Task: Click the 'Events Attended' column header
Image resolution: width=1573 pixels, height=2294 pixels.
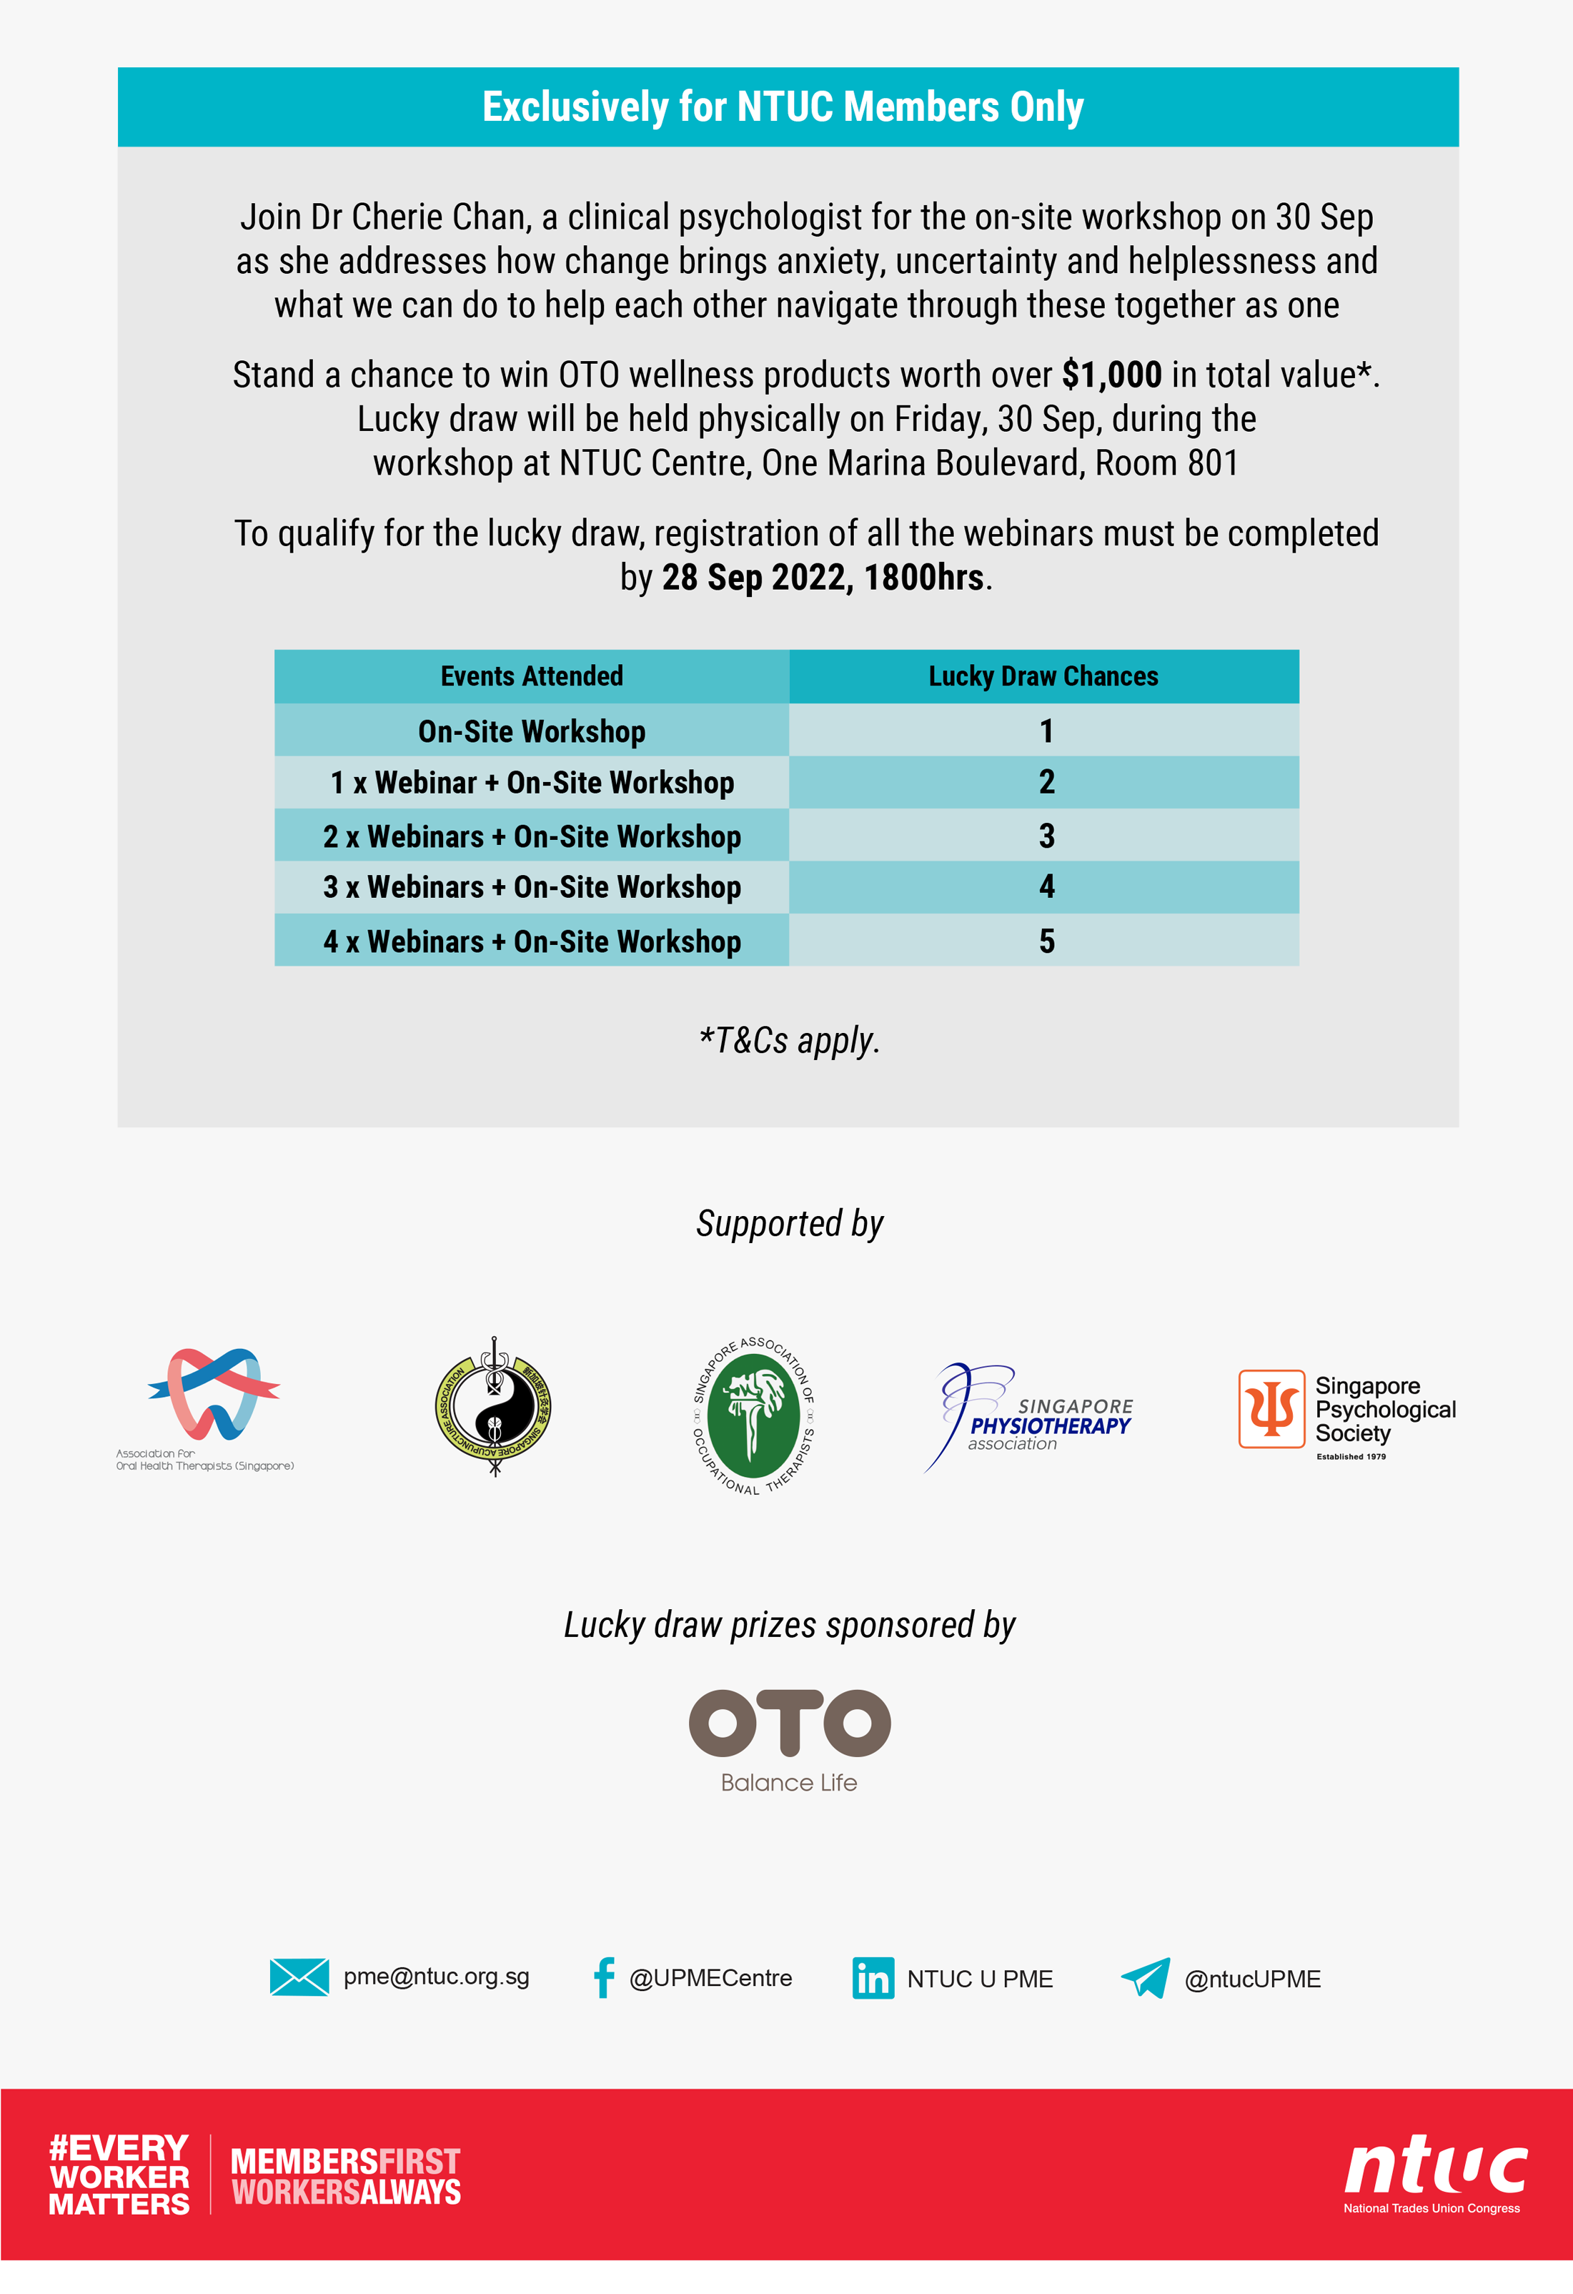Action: click(x=531, y=676)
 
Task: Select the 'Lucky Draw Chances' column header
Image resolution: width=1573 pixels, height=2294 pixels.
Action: click(x=1043, y=676)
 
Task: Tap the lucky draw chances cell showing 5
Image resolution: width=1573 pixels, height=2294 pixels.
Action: click(x=1046, y=941)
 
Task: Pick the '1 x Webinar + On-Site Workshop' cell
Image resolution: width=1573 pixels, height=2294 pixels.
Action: click(x=531, y=783)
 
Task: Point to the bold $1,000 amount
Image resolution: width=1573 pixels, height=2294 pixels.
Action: click(x=1111, y=375)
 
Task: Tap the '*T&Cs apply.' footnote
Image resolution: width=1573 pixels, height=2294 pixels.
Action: click(x=788, y=1040)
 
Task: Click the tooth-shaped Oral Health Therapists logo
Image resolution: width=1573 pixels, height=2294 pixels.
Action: click(x=212, y=1394)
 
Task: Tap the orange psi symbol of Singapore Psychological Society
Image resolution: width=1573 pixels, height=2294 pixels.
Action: click(x=1271, y=1408)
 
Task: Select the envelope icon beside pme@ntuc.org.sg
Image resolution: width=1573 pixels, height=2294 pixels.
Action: click(x=299, y=1977)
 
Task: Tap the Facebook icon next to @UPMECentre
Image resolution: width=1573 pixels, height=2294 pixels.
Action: click(x=603, y=1977)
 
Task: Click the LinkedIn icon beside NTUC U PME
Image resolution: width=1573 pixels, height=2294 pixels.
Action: click(x=873, y=1978)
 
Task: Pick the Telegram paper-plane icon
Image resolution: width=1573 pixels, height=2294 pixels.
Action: click(x=1145, y=1978)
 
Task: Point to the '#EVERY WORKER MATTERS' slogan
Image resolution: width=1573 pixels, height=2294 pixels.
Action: click(x=119, y=2175)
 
